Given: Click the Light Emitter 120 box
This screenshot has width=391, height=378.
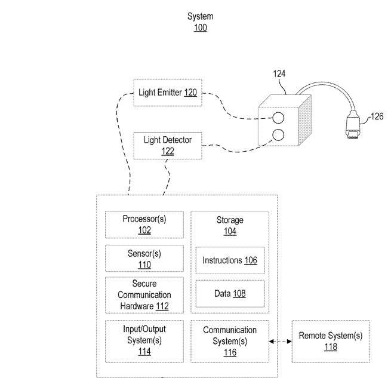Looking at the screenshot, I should coord(167,93).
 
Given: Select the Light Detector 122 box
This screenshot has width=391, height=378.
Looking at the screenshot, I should coord(167,146).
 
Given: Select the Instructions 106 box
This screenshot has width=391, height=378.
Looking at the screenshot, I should coord(230,260).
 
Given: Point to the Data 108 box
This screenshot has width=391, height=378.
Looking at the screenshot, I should coord(230,294).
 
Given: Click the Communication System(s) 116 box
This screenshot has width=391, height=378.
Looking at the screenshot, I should coord(230,340).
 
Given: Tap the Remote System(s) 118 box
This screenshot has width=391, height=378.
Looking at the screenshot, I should coord(330,341).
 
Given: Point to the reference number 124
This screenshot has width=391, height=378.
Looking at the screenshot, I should coord(279,74).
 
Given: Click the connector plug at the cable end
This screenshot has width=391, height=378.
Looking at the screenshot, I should coord(352,127).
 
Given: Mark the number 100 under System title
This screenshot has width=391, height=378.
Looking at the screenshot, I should coord(200,28).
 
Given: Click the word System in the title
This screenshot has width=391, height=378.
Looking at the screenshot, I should coord(200,17).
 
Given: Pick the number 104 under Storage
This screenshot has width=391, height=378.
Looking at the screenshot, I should coord(230,231).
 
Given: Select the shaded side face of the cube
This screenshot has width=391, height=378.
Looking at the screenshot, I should coord(306,122).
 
